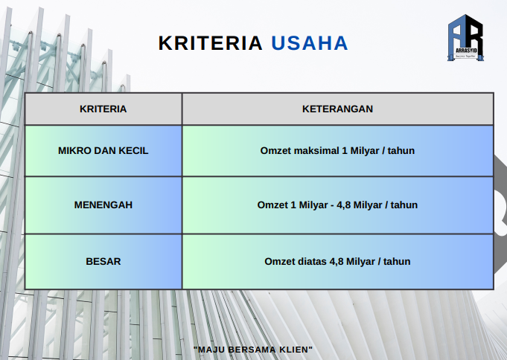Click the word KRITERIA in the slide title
[210, 43]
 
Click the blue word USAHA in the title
[310, 43]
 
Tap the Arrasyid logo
[465, 37]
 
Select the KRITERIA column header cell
[103, 109]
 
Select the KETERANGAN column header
[337, 109]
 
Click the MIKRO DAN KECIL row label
[103, 150]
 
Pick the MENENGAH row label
[103, 205]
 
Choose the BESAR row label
[103, 261]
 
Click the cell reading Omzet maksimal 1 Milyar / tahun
[337, 150]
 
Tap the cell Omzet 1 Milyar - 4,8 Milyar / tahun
[337, 205]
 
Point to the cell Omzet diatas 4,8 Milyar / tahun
[337, 261]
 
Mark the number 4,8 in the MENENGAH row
[343, 205]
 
